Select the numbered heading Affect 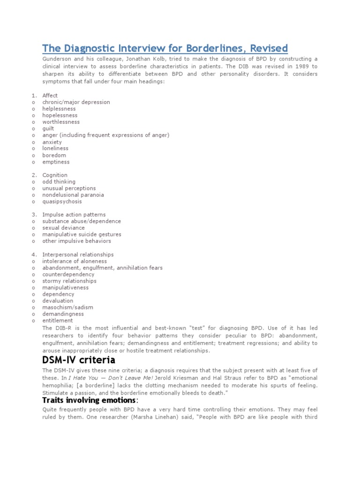[50, 96]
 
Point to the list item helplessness [60, 109]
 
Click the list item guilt [48, 128]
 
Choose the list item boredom [54, 155]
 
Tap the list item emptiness [56, 162]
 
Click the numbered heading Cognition [55, 175]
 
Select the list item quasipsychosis [62, 202]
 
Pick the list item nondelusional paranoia [73, 195]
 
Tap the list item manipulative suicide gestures [82, 234]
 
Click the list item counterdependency [68, 274]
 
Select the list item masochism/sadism [67, 307]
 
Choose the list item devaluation [58, 301]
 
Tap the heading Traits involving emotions [89, 400]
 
